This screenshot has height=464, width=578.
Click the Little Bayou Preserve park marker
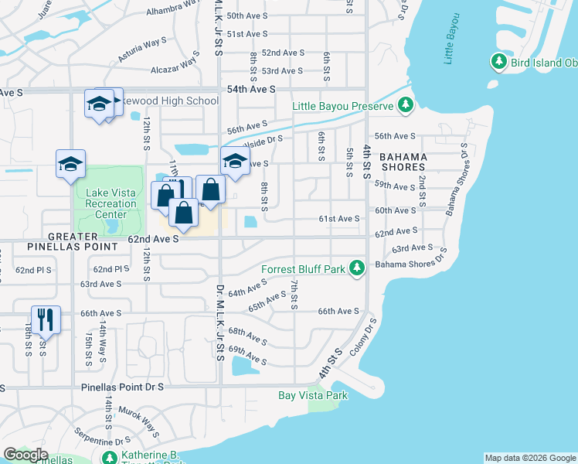pos(405,105)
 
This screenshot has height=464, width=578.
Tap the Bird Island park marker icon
pos(499,61)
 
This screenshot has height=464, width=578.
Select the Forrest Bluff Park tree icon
pos(356,269)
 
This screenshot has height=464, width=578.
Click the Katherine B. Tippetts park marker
pos(109,457)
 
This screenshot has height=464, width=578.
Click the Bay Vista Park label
pos(313,396)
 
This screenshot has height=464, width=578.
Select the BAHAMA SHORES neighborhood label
pos(403,162)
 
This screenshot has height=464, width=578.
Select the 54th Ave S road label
pos(251,90)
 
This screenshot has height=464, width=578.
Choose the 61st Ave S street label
pos(339,220)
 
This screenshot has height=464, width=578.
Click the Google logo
pos(27,455)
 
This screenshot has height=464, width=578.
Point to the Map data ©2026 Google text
pos(529,458)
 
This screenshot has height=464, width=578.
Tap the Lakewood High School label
pos(167,101)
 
